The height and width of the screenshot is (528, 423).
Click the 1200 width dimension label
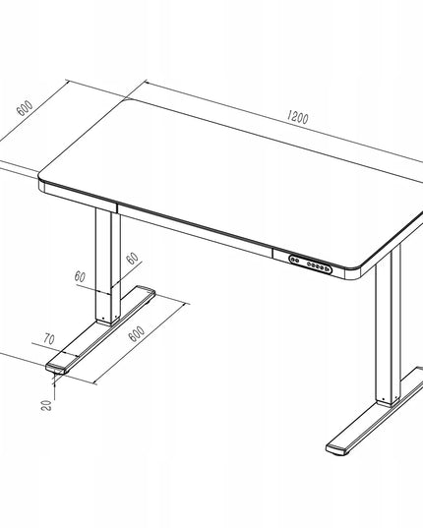[298, 117]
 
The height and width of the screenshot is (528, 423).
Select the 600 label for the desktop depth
[25, 107]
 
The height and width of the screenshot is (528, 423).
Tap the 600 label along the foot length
[137, 333]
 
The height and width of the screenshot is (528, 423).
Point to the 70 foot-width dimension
[49, 339]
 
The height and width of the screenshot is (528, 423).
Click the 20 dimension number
[47, 405]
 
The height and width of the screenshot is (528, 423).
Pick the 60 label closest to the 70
[80, 276]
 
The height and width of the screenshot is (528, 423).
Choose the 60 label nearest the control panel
[133, 259]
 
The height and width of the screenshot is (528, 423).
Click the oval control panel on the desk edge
[310, 264]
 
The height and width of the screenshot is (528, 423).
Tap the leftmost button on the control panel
[294, 260]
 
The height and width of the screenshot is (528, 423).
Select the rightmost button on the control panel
[327, 268]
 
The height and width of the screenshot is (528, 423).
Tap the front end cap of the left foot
[56, 369]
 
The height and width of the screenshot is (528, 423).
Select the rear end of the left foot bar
[146, 291]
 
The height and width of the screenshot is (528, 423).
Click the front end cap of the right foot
[336, 449]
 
